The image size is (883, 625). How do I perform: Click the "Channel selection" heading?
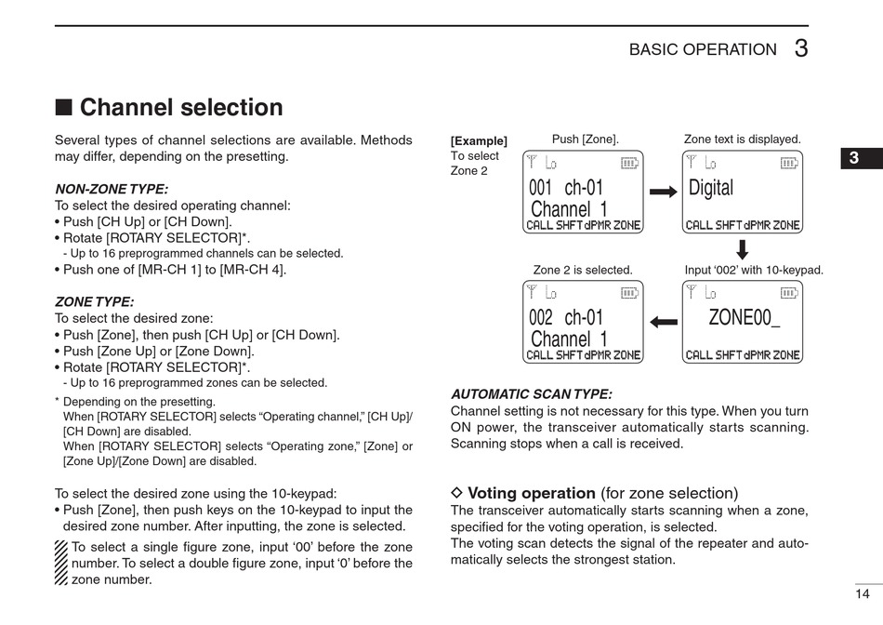coord(180,108)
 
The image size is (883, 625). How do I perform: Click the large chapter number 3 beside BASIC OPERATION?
coord(800,49)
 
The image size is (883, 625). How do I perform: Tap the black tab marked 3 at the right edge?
coord(853,158)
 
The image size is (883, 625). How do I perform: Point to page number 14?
coord(862,593)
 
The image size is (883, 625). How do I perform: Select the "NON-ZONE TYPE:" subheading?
coord(112,189)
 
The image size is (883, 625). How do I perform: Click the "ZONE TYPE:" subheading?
coord(94,301)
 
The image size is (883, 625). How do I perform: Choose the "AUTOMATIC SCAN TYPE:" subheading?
coord(531,394)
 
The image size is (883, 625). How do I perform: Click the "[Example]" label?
coord(479,140)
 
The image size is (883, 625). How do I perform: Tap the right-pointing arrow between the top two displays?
coord(663,192)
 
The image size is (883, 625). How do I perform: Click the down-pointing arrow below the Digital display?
coord(742,249)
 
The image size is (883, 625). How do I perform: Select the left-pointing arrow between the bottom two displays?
coord(663,322)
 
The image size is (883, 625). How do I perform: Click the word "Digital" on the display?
coord(711,188)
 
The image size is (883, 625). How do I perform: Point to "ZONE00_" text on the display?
coord(744,317)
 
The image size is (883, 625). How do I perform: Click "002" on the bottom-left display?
coord(541,318)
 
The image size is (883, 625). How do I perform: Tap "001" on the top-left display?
coord(541,188)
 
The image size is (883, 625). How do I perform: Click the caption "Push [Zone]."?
coord(585,140)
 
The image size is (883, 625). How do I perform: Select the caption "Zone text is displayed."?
coord(742,140)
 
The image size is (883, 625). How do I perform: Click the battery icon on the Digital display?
coord(790,162)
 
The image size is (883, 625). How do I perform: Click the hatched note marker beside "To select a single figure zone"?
coord(60,563)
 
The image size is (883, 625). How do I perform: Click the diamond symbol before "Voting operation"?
coord(456,493)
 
